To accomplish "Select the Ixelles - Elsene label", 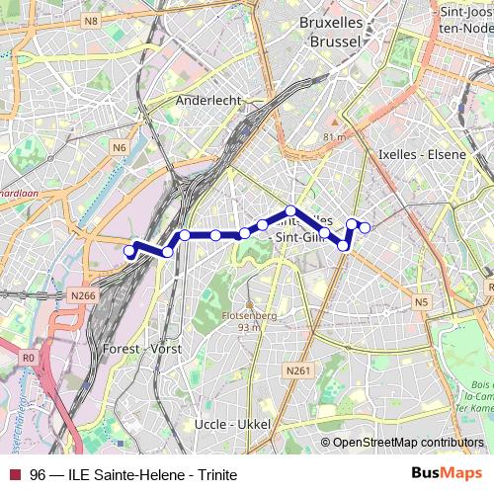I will click(422, 155).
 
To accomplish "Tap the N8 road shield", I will click(92, 20).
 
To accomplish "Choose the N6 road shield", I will click(120, 147).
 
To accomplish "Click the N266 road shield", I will click(84, 294).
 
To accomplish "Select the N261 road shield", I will click(297, 370).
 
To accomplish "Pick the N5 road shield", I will click(422, 302).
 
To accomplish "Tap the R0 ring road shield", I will click(27, 358).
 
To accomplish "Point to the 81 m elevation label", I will click(334, 137).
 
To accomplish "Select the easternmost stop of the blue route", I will click(365, 228).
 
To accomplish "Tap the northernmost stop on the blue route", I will click(290, 210).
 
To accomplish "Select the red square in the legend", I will click(14, 475).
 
